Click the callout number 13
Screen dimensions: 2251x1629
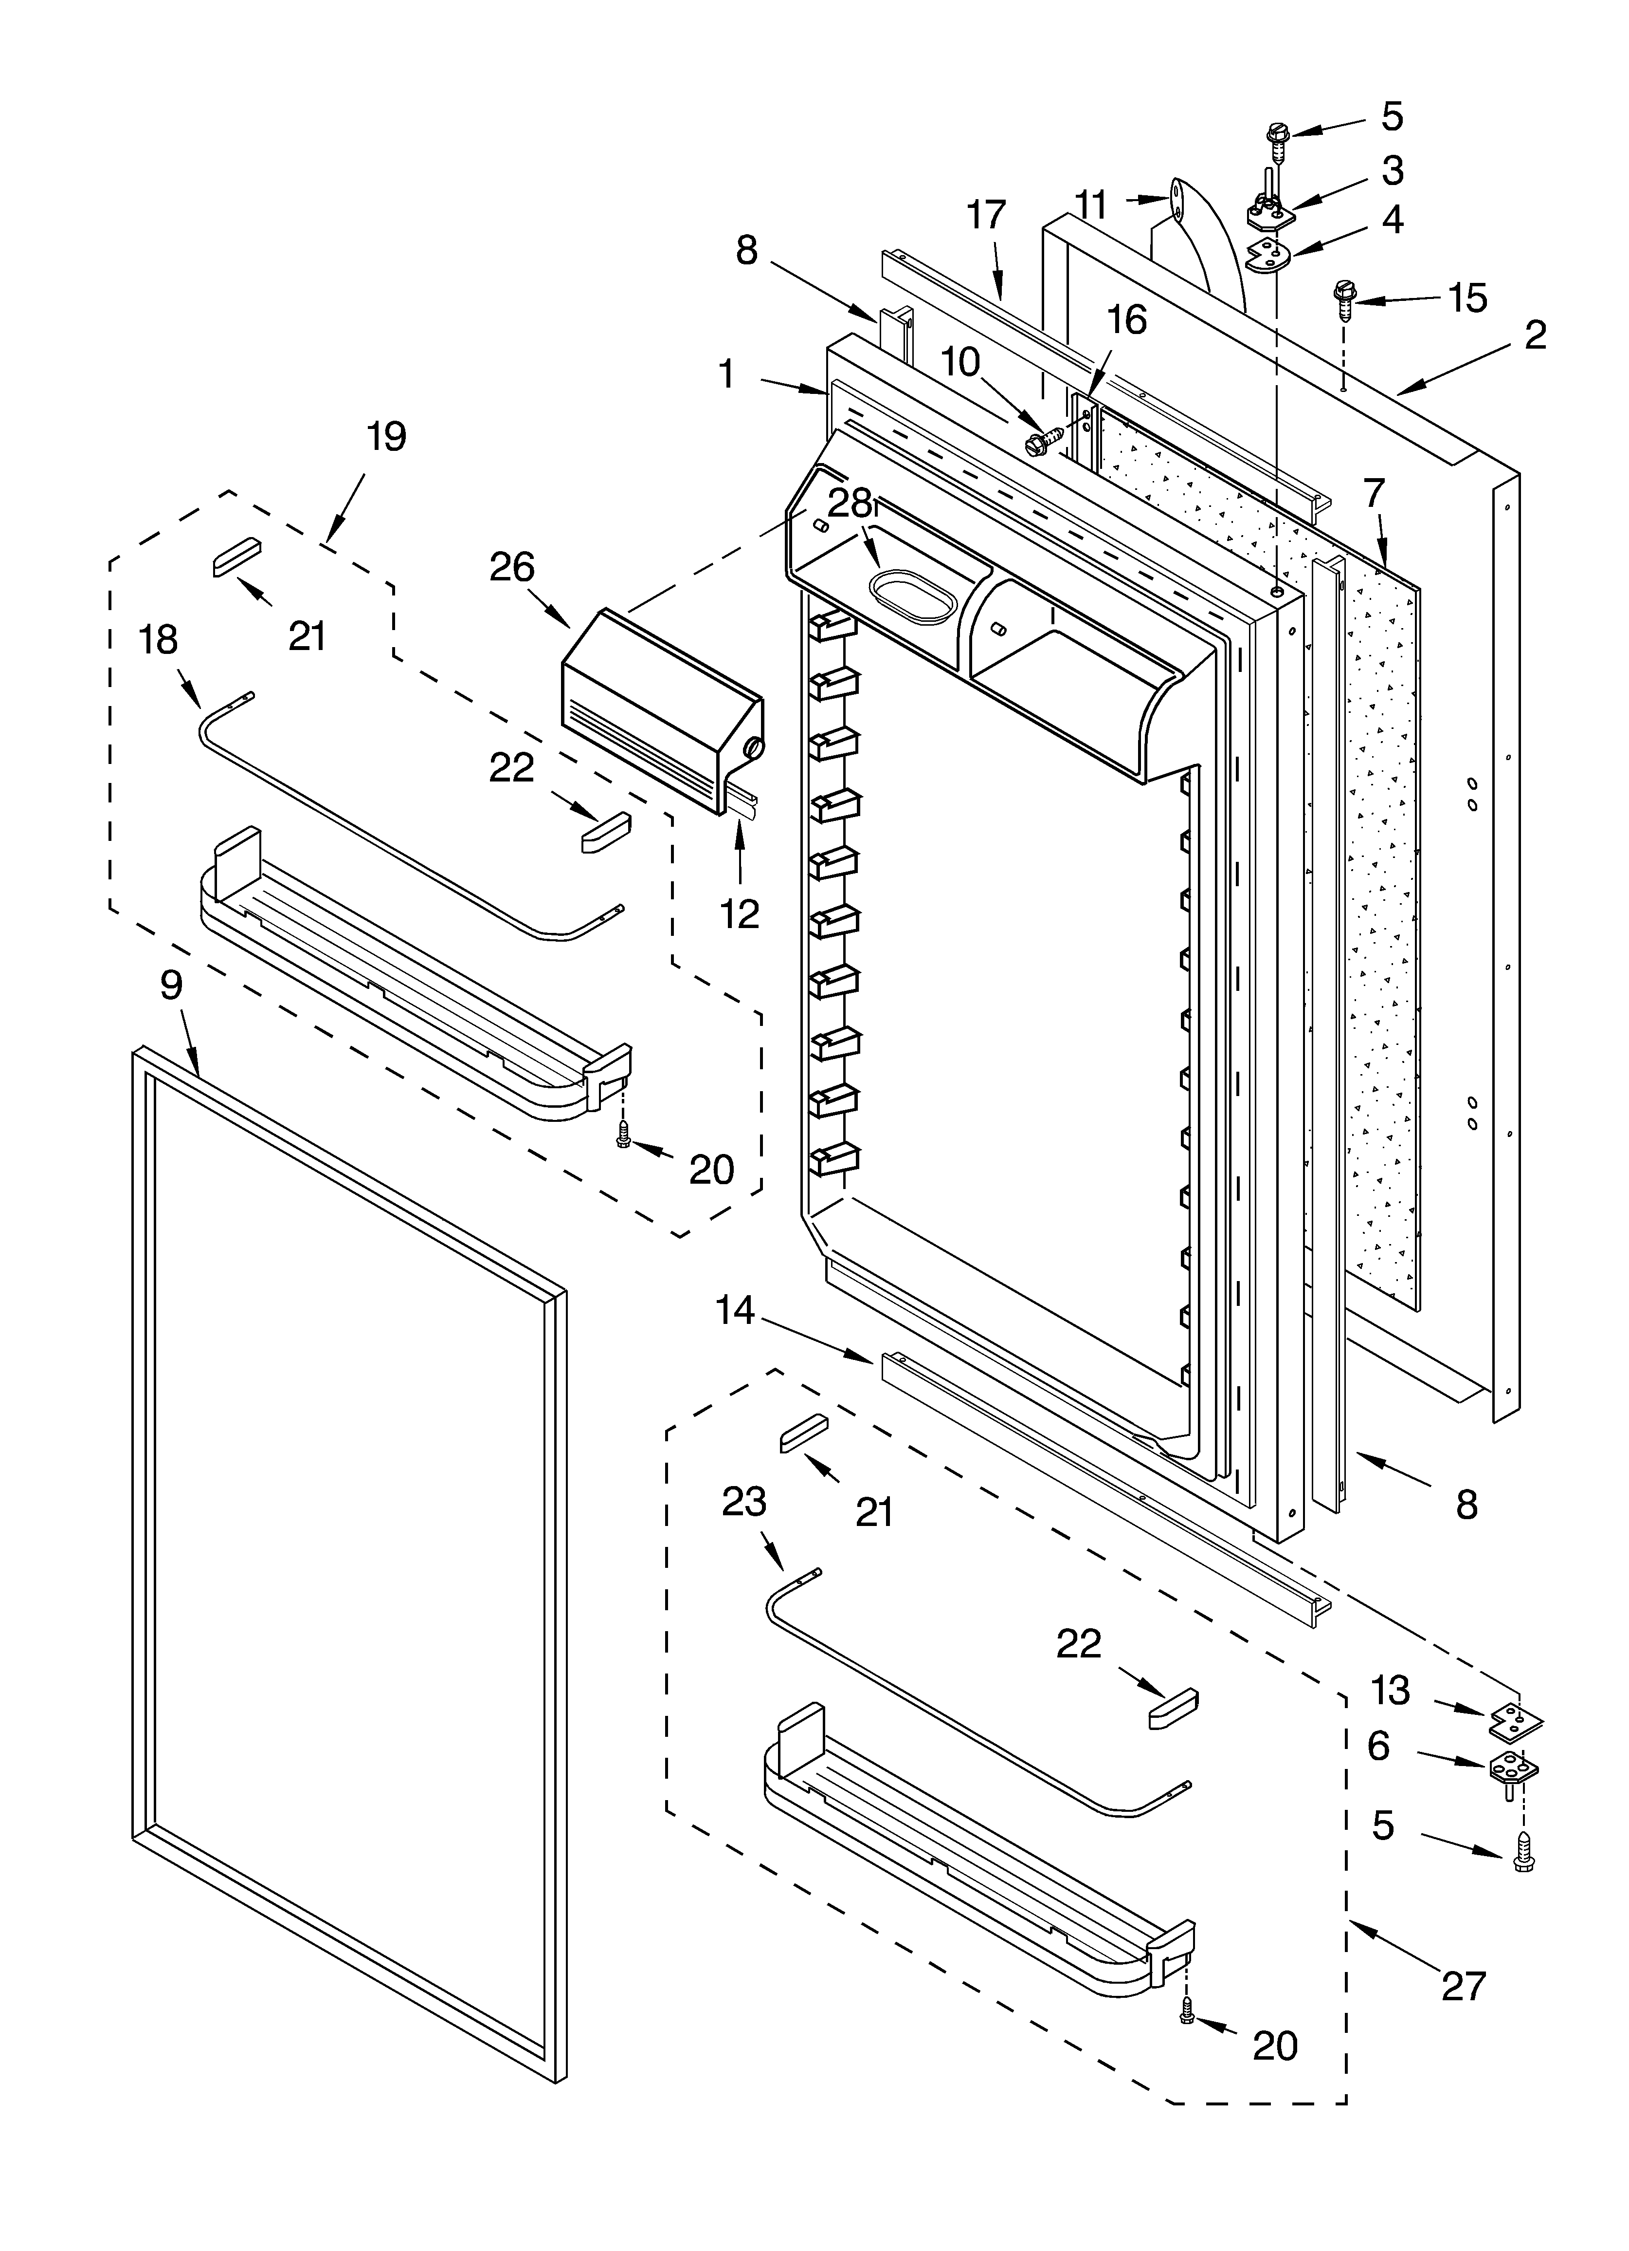pos(1390,1690)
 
